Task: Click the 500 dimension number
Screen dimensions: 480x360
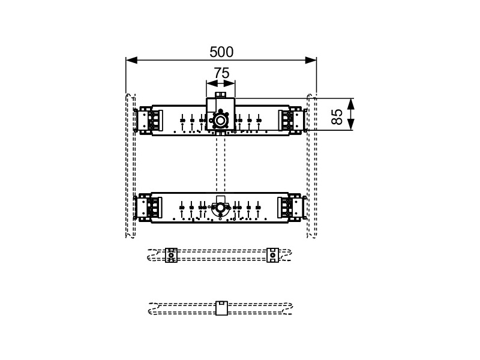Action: pos(221,52)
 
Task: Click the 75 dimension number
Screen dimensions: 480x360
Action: pos(221,73)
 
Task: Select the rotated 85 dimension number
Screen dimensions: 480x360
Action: pos(337,116)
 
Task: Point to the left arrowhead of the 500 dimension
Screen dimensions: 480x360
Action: pos(131,61)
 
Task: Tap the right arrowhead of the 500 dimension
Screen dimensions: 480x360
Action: pos(311,61)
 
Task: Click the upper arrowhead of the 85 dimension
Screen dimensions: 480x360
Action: pos(351,104)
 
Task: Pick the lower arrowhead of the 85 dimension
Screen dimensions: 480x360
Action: pos(351,124)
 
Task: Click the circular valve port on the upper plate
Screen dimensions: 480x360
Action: pos(220,121)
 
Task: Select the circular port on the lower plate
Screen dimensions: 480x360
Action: pos(220,208)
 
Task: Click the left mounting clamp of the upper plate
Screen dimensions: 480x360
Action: pos(149,121)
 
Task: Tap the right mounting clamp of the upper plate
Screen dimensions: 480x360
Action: pos(292,121)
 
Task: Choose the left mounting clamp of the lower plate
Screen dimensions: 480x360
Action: pos(148,208)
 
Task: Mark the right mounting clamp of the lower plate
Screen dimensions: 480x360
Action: pos(292,208)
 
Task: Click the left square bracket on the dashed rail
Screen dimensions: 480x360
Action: pos(171,255)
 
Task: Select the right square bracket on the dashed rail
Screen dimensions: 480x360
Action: pos(272,255)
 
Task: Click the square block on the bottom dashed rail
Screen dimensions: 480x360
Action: pos(221,308)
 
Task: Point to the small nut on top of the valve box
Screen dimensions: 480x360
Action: pos(220,95)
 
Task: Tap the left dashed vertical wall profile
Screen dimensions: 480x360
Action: pos(130,166)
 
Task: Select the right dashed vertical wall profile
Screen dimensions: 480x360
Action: pos(311,166)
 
